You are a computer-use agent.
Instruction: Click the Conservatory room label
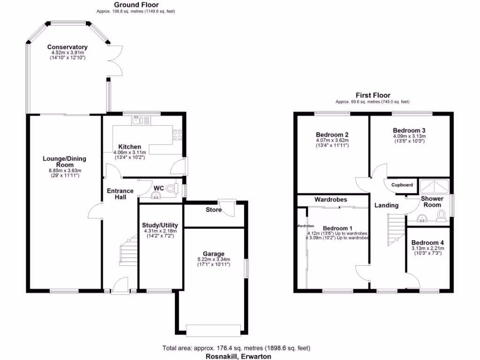[x=67, y=47]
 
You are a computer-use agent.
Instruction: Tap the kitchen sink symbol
[x=137, y=120]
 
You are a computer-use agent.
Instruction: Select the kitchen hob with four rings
[x=178, y=135]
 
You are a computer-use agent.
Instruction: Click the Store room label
[x=213, y=210]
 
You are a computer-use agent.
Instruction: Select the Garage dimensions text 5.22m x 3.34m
[x=213, y=259]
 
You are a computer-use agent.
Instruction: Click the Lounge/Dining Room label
[x=65, y=162]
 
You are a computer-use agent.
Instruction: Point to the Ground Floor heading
[x=136, y=5]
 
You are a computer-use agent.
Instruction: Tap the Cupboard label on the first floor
[x=402, y=185]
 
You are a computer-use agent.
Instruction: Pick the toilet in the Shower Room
[x=441, y=215]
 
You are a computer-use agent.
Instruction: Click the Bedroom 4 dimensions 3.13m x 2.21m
[x=427, y=248]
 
